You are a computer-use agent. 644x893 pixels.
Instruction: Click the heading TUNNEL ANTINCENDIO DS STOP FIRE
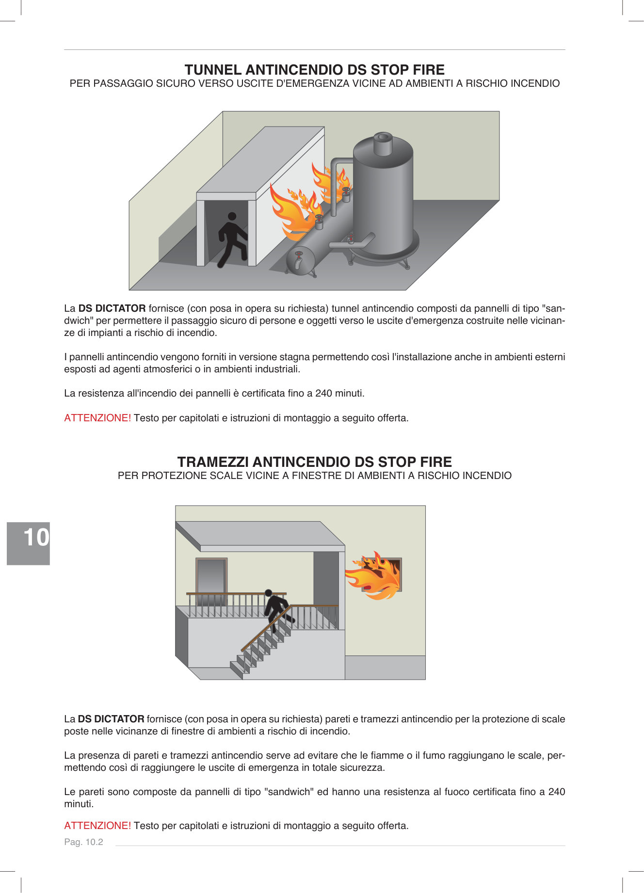tap(314, 70)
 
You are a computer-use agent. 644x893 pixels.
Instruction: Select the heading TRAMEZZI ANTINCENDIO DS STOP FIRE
tap(314, 462)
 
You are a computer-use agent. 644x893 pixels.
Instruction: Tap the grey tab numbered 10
tap(29, 543)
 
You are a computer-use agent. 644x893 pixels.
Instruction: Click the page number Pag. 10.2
tap(83, 842)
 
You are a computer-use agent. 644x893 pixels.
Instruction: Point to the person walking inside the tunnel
tap(232, 239)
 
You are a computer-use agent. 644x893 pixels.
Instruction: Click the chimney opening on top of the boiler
tap(383, 137)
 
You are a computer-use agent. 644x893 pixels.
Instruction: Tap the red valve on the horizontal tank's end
tap(299, 255)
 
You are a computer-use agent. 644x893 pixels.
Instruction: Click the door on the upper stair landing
tap(211, 579)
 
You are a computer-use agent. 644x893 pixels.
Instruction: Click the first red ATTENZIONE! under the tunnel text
tap(97, 418)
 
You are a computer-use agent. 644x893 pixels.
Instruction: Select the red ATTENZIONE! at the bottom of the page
tap(97, 826)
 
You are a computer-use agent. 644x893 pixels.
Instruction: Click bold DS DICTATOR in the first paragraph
tap(112, 308)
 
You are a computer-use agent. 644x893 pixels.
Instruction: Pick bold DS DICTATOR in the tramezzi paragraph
tap(111, 719)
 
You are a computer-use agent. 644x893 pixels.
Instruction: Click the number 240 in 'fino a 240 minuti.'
tap(323, 393)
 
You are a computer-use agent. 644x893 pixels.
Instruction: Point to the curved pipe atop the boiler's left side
tap(339, 162)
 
